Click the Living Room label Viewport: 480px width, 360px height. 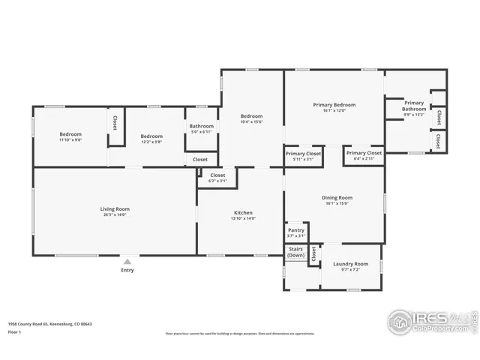point(115,208)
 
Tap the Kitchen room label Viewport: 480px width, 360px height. point(243,213)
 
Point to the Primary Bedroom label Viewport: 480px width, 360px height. point(334,105)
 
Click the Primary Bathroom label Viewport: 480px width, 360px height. point(414,106)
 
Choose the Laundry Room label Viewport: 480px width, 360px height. point(350,264)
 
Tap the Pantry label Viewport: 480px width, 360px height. point(296,230)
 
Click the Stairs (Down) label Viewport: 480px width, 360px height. point(296,253)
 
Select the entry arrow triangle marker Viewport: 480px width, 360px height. point(127,261)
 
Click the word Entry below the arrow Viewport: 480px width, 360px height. point(127,270)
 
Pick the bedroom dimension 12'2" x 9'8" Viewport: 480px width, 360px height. point(151,142)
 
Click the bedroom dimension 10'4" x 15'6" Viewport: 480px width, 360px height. point(251,122)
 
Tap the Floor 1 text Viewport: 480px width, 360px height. point(14,331)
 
